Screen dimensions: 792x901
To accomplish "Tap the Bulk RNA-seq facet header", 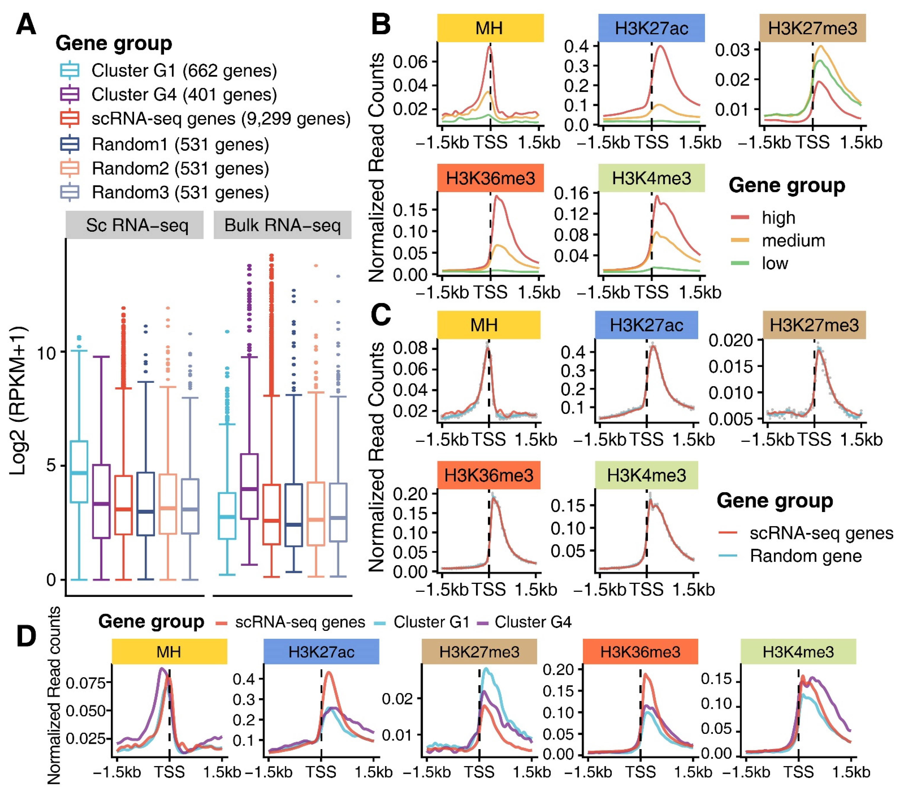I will coord(283,226).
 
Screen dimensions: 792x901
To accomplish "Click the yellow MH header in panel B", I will coord(490,28).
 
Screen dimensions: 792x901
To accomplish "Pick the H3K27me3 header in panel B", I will coord(813,28).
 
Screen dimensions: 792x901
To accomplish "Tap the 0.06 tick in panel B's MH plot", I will coord(410,62).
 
